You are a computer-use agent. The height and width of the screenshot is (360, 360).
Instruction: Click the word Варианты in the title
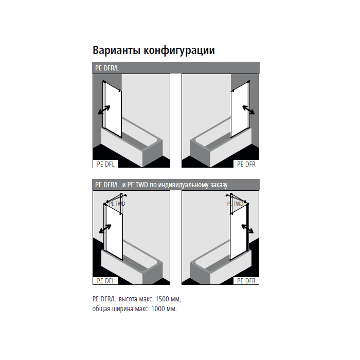(x=116, y=50)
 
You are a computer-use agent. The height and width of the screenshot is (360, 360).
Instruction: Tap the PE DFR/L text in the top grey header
(x=107, y=68)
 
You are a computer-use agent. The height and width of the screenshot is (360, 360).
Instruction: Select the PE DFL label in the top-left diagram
(x=105, y=164)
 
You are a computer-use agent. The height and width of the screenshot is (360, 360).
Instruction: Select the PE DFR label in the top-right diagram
(x=246, y=164)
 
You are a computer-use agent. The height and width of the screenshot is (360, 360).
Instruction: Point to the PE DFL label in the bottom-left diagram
(x=105, y=281)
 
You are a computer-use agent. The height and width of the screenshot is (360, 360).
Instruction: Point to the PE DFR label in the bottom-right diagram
(x=246, y=281)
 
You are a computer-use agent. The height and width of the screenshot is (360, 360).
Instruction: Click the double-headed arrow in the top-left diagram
(x=104, y=110)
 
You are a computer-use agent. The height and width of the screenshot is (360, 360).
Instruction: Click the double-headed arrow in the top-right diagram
(x=248, y=110)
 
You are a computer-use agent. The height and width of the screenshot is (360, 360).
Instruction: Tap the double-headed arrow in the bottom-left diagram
(x=105, y=229)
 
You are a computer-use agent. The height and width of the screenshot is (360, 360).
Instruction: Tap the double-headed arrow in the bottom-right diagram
(x=247, y=229)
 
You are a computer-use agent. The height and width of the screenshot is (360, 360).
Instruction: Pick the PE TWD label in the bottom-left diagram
(x=117, y=204)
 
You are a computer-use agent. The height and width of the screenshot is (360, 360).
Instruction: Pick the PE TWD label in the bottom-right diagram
(x=235, y=204)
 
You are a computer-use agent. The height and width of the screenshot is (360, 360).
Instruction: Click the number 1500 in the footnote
(x=163, y=299)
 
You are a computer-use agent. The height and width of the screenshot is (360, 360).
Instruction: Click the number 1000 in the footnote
(x=158, y=309)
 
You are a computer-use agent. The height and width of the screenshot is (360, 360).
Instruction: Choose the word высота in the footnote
(x=129, y=299)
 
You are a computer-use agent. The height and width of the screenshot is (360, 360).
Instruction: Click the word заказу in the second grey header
(x=219, y=185)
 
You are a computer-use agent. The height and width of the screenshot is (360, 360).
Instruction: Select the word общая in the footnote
(x=101, y=309)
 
